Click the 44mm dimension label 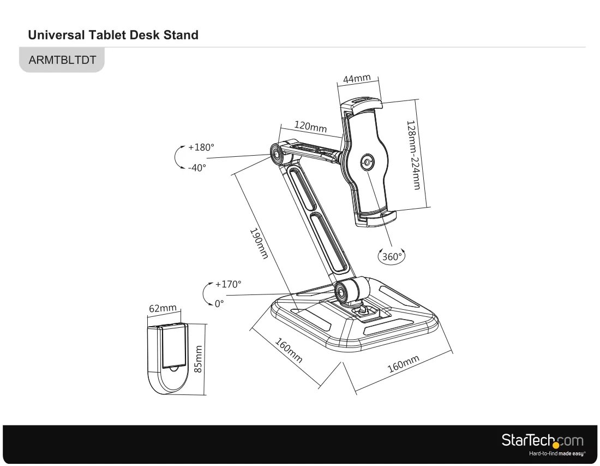(x=357, y=79)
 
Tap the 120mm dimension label (x=310, y=126)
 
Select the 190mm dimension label (x=259, y=243)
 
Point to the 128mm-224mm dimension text (x=413, y=155)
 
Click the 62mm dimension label (x=163, y=308)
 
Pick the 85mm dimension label (x=198, y=359)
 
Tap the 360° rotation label (x=392, y=257)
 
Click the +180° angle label (x=201, y=147)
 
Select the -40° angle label (x=197, y=168)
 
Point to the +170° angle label (x=228, y=284)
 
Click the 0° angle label (x=219, y=304)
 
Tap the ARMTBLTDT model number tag (x=62, y=60)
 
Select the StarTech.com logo (x=542, y=440)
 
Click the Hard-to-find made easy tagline (x=557, y=454)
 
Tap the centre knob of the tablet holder (x=367, y=162)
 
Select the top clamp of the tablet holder (x=362, y=105)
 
